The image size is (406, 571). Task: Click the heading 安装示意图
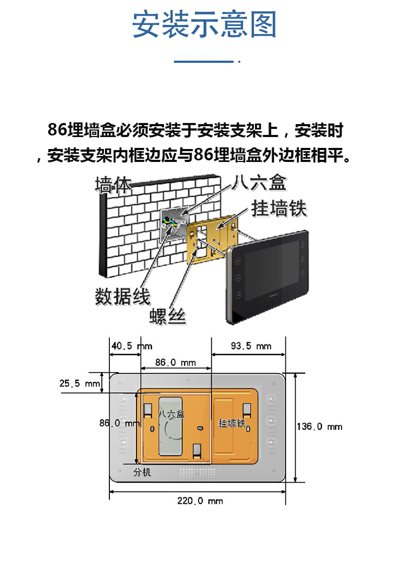[x=204, y=25]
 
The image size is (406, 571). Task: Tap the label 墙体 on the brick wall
[x=113, y=185]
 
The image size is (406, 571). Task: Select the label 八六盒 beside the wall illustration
[x=258, y=183]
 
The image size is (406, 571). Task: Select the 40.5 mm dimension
[x=132, y=346]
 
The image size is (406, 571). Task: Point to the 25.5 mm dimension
[x=80, y=383]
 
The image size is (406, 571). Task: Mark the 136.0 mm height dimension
[x=319, y=426]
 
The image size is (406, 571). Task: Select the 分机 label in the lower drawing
[x=142, y=472]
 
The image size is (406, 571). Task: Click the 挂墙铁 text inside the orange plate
[x=232, y=423]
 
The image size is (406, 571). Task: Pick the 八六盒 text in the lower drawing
[x=171, y=413]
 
